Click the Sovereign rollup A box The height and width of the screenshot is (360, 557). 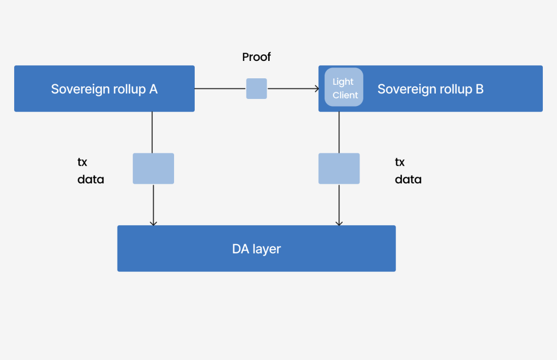point(104,89)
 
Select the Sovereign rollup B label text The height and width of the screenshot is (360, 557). point(430,89)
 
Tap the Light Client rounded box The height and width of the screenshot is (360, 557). point(344,87)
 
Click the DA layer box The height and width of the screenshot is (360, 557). point(256,249)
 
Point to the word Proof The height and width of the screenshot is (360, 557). point(256,57)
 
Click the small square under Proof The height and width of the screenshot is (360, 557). point(256,89)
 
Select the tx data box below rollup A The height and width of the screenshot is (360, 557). point(153,169)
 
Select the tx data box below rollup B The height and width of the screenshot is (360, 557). point(339,169)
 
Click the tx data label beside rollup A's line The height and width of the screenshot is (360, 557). point(90,171)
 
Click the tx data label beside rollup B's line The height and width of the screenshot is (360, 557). point(408,171)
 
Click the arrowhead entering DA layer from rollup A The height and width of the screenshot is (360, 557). point(153,222)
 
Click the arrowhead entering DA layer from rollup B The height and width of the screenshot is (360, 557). point(339,222)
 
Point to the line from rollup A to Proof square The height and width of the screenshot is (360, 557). point(220,89)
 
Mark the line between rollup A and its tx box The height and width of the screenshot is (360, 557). point(152,132)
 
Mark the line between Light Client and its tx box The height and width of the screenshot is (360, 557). point(339,132)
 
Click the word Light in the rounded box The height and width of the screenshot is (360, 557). point(343,82)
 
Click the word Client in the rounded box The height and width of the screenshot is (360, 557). point(345,95)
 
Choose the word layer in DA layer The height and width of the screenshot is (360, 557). point(267,249)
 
